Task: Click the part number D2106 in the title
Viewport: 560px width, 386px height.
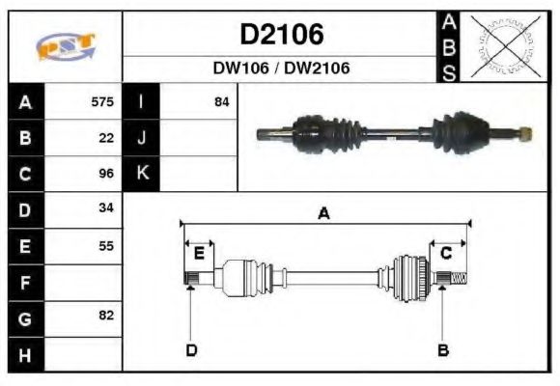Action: [281, 35]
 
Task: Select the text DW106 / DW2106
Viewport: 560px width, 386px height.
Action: [281, 69]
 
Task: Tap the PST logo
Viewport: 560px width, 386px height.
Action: [66, 47]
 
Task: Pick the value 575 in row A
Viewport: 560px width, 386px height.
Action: [102, 101]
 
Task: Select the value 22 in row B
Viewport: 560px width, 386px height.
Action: [106, 137]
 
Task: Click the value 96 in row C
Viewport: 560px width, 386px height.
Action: [106, 174]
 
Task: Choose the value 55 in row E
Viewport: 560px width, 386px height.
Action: [106, 245]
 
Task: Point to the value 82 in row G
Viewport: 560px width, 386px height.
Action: [106, 316]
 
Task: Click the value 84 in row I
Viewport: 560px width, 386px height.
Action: [221, 101]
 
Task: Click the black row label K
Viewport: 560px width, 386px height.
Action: [141, 174]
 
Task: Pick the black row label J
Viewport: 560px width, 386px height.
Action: [141, 138]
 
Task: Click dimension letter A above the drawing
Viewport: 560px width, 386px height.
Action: [324, 214]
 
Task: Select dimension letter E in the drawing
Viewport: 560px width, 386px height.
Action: [199, 254]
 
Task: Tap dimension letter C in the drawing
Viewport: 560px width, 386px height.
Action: [446, 254]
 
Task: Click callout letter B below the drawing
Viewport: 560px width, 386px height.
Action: [443, 350]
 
